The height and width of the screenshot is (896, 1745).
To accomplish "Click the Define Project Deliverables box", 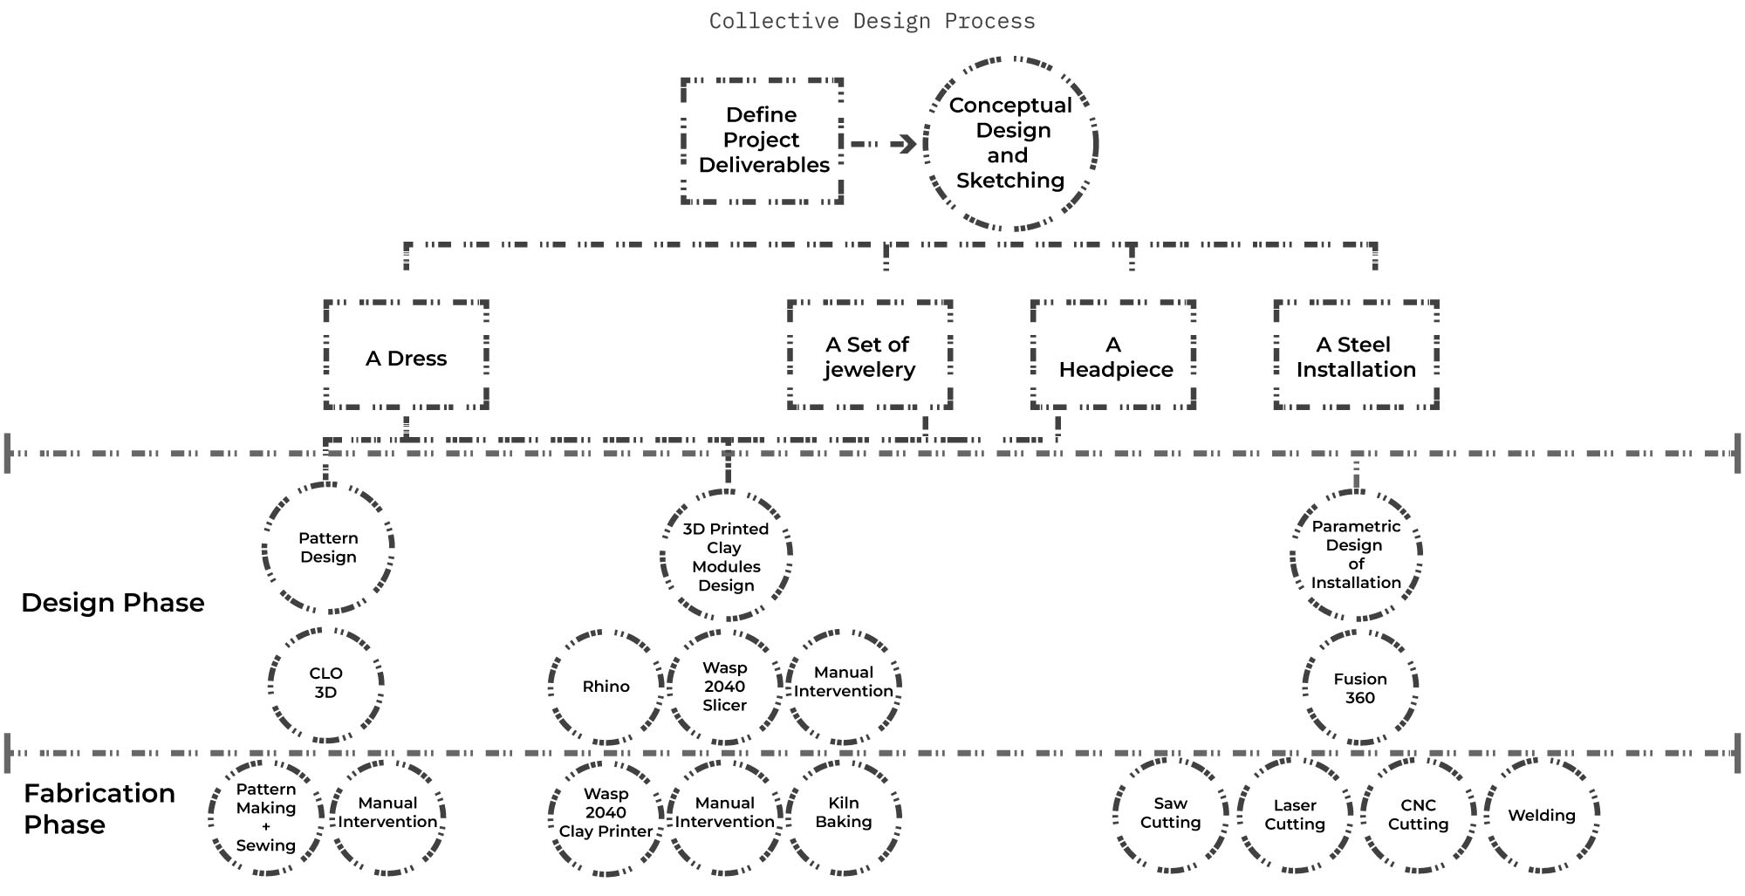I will [762, 140].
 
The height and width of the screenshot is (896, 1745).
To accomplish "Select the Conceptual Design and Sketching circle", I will [1010, 143].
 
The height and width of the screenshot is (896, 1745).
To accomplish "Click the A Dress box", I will [406, 356].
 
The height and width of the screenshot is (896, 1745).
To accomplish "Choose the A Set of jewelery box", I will [869, 356].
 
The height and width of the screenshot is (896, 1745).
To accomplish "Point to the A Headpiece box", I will [1113, 356].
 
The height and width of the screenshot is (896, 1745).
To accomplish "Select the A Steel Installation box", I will [1356, 356].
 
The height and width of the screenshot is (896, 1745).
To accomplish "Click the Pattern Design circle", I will [328, 548].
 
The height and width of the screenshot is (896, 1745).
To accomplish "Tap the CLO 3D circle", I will [325, 684].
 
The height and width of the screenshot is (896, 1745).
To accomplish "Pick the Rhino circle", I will [606, 687].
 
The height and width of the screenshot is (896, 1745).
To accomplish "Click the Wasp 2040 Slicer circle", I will [724, 687].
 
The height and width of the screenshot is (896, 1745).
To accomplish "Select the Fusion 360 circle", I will [1359, 688].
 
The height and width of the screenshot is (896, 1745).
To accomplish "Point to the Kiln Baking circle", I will [843, 814].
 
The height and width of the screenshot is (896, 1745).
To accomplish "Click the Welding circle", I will [1542, 816].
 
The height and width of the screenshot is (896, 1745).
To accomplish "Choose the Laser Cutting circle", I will [1295, 816].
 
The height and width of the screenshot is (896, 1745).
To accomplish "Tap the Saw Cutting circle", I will [1170, 814].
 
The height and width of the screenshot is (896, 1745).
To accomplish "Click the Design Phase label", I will [113, 603].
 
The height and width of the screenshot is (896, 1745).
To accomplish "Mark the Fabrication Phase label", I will [99, 809].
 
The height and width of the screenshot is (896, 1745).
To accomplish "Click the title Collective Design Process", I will [872, 21].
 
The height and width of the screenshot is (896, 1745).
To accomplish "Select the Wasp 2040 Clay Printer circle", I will [606, 814].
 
